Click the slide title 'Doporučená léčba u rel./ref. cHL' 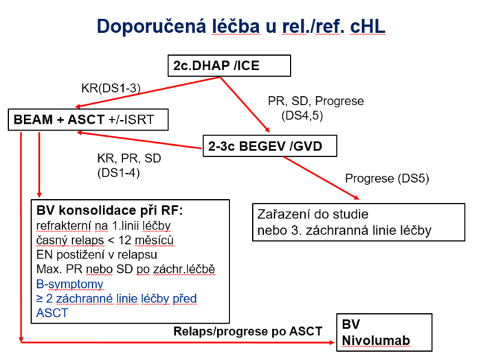[240, 26]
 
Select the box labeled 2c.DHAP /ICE [229, 66]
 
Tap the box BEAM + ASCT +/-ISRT [88, 120]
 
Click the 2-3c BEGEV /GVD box [270, 146]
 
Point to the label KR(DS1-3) [111, 89]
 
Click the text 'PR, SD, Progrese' [315, 101]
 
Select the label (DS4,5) [302, 115]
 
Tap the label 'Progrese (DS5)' [387, 179]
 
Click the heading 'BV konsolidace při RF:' [109, 211]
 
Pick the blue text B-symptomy [69, 284]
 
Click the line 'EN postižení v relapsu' [97, 254]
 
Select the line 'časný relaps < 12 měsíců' [105, 240]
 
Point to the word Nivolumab [376, 340]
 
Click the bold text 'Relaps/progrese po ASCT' [248, 331]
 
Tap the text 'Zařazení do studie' [313, 214]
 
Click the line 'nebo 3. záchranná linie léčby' [344, 231]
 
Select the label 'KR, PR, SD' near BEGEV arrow [129, 159]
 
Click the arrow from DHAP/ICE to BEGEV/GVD [245, 104]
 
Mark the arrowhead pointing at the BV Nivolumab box [331, 342]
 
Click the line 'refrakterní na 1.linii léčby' [103, 226]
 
